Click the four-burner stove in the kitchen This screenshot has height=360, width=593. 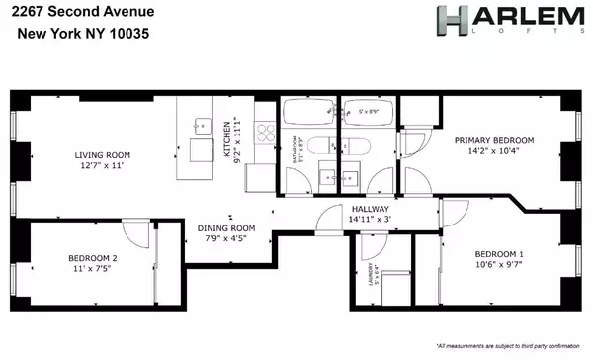coord(264,135)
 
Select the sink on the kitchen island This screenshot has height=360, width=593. coord(202,126)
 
